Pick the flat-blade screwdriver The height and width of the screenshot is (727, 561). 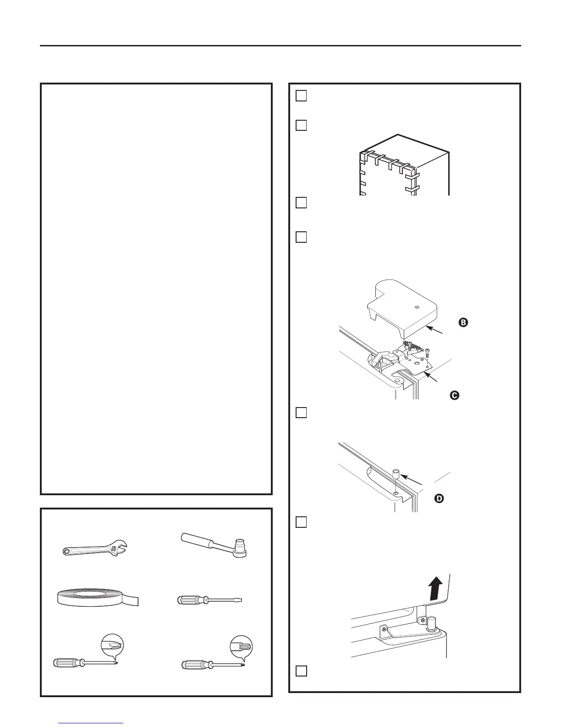click(x=209, y=600)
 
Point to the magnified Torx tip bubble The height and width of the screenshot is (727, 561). click(x=241, y=646)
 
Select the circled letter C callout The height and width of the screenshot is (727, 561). click(x=454, y=395)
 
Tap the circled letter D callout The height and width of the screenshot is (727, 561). click(x=439, y=499)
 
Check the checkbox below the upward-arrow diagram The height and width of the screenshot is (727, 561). click(x=301, y=671)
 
